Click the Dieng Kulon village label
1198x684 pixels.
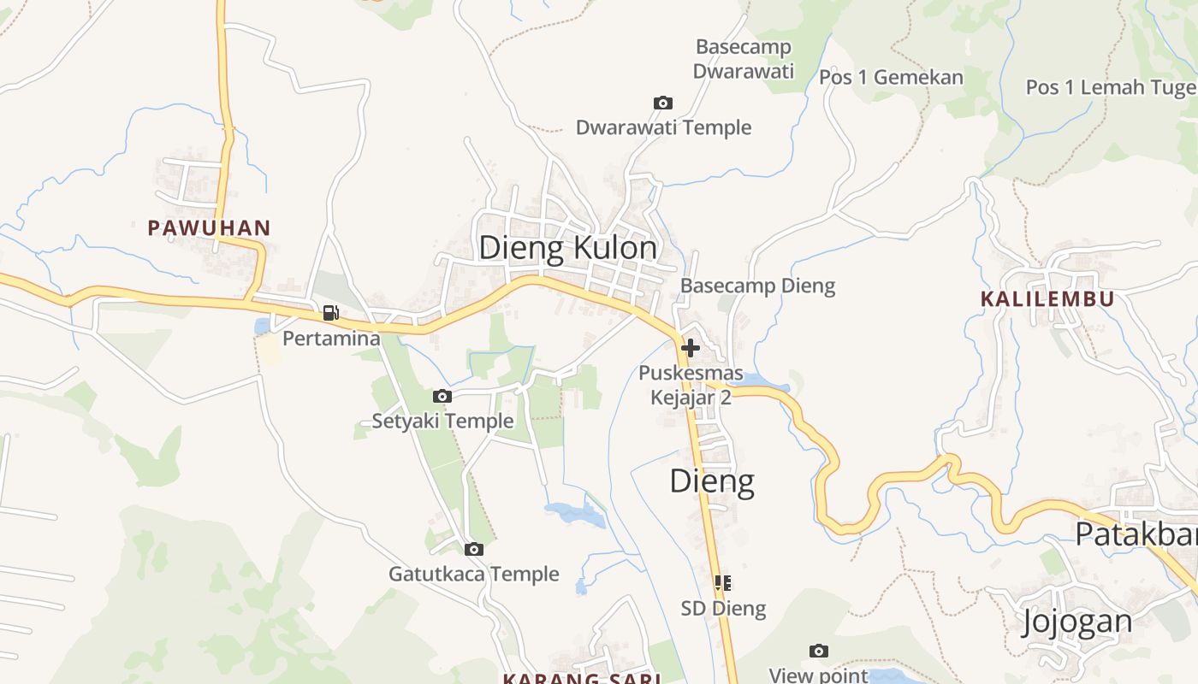click(568, 248)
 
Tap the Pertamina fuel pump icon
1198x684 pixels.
click(331, 313)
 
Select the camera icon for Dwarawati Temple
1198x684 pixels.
click(663, 103)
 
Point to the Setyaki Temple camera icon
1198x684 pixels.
click(442, 396)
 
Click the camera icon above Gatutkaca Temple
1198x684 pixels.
click(474, 549)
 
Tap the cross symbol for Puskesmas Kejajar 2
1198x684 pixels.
click(691, 348)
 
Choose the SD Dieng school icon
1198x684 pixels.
click(723, 583)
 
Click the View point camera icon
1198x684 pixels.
click(819, 652)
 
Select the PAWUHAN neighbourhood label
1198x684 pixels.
click(209, 228)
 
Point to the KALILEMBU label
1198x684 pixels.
click(1047, 299)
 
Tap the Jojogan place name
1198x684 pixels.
click(1077, 622)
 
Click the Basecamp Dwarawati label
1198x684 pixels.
click(743, 59)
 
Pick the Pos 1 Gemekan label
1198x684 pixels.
click(891, 78)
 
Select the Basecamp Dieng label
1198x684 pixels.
click(757, 286)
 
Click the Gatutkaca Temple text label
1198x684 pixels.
click(474, 574)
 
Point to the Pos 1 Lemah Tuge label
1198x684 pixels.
click(1111, 87)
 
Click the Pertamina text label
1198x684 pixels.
click(331, 339)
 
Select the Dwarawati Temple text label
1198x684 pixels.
click(663, 128)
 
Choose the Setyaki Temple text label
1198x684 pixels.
click(442, 421)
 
